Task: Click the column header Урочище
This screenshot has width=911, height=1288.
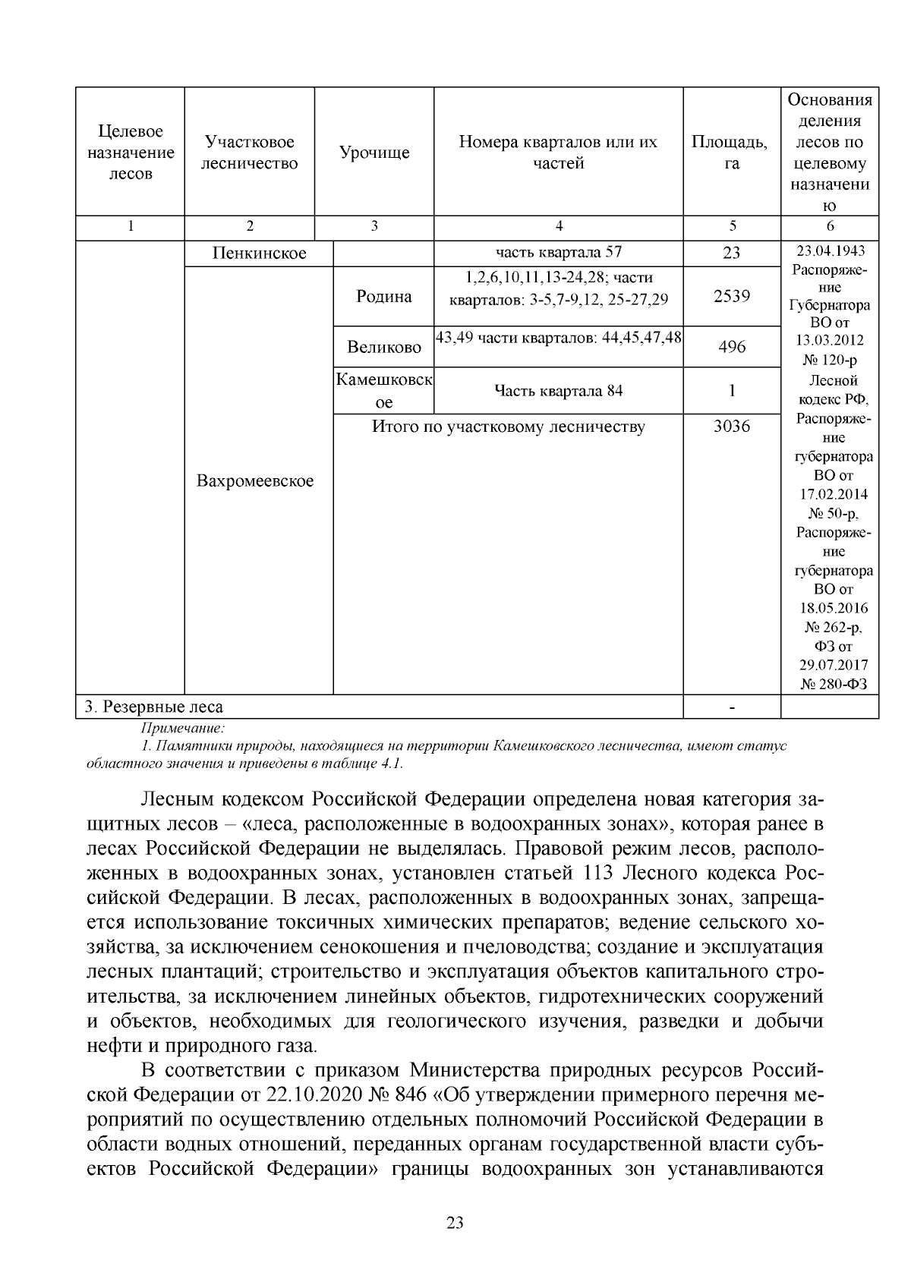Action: click(374, 153)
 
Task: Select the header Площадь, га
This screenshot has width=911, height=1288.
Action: click(731, 153)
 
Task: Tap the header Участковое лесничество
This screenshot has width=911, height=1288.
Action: click(249, 153)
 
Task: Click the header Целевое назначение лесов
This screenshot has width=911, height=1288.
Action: click(131, 153)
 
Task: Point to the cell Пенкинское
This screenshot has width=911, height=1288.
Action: click(259, 254)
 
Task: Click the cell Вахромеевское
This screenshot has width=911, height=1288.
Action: click(255, 481)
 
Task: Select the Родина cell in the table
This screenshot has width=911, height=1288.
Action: click(383, 296)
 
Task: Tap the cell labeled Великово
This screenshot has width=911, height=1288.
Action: click(383, 348)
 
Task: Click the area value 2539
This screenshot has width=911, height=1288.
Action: click(731, 296)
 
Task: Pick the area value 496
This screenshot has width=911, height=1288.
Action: click(731, 348)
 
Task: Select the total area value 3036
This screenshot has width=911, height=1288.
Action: click(731, 427)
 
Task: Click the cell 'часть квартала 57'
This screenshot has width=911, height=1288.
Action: click(558, 253)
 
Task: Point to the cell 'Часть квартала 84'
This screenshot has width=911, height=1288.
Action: click(558, 391)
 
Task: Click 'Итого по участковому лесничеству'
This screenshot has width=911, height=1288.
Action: click(508, 427)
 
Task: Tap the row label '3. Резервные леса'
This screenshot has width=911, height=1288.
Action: click(154, 707)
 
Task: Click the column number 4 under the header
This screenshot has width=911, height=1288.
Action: click(559, 226)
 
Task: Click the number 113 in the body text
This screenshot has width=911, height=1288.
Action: click(606, 873)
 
